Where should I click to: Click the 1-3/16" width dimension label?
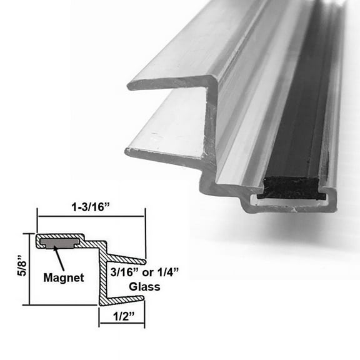91,204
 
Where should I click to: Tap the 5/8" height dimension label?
12,269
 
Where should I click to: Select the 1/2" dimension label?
122,316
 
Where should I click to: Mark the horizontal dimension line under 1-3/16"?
91,216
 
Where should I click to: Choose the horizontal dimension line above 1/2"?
122,324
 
